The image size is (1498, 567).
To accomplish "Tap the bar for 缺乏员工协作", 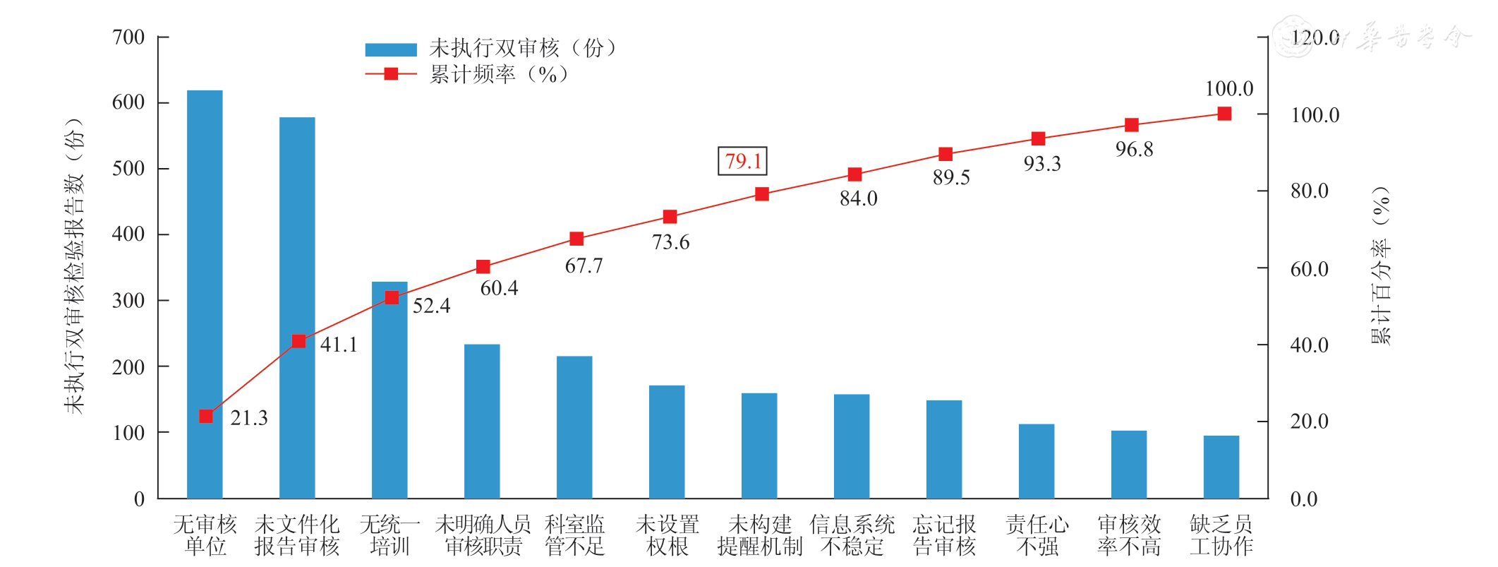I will click(x=1221, y=467).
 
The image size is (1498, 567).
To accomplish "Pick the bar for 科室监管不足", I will click(x=574, y=426).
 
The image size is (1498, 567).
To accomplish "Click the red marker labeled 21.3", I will click(x=206, y=417).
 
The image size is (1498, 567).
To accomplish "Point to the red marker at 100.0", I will click(x=1224, y=114).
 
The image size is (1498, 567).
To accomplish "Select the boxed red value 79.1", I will click(x=742, y=161).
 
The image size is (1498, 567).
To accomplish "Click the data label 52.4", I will click(x=431, y=306).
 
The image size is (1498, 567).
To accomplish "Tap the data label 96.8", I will click(x=1134, y=150).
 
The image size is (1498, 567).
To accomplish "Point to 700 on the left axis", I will click(x=128, y=37).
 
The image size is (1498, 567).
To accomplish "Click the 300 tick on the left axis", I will click(x=128, y=301).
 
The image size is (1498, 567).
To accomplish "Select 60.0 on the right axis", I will click(x=1309, y=269).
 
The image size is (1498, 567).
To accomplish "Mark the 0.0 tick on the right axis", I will click(x=1303, y=499).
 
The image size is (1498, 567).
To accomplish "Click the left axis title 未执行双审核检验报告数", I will click(x=74, y=265).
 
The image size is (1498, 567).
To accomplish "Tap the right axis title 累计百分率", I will click(x=1381, y=265).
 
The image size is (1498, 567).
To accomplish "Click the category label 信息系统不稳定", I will click(x=852, y=535).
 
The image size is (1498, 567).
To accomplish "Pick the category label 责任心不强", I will click(x=1037, y=535).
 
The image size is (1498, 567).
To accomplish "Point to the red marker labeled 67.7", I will click(x=576, y=239).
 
